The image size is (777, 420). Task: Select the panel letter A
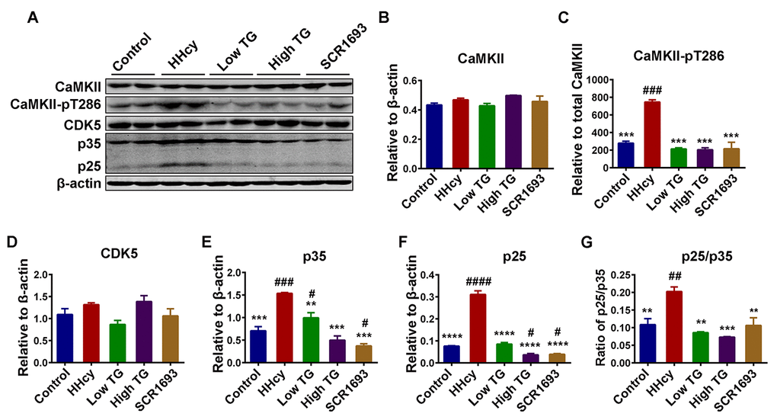(32, 18)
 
